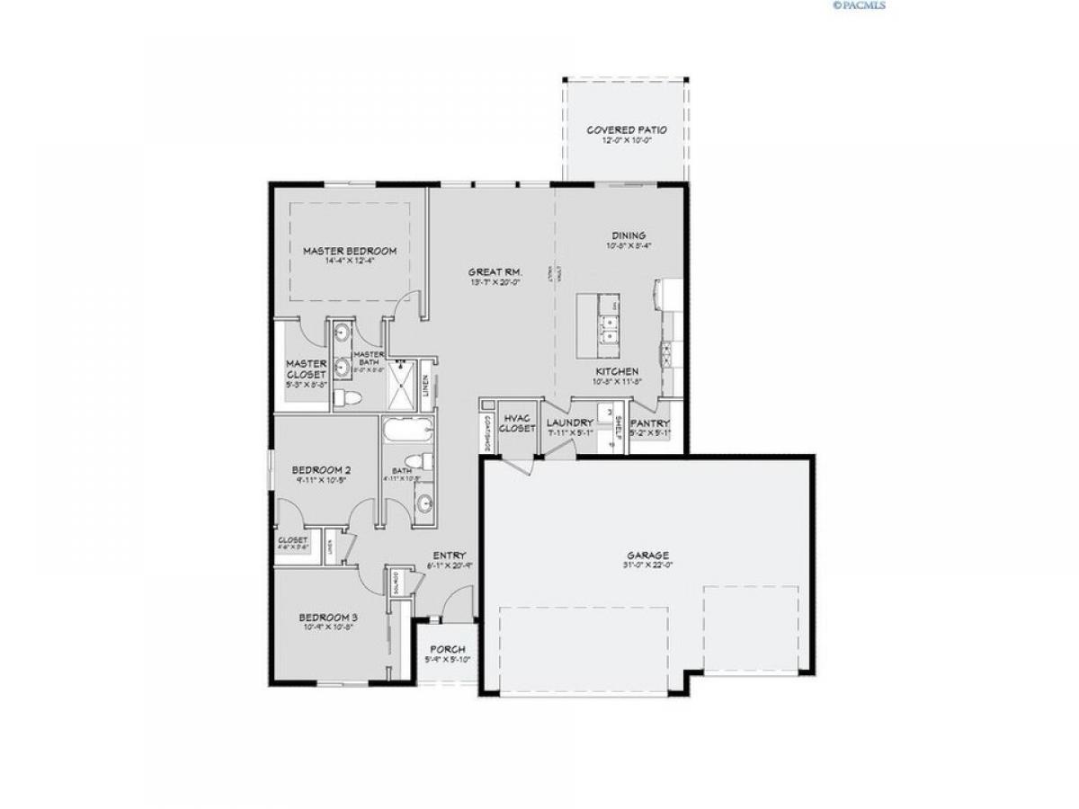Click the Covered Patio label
[x=627, y=130]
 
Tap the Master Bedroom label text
[x=349, y=251]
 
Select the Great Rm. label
[x=495, y=271]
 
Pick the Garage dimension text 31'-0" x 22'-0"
[x=647, y=565]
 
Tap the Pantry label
[x=648, y=422]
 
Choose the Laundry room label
[x=570, y=422]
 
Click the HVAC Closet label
[x=519, y=423]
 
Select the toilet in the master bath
[x=347, y=396]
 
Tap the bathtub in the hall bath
[x=407, y=432]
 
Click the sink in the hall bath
[x=423, y=502]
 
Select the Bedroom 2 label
[x=321, y=470]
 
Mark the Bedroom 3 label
[x=328, y=618]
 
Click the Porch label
[x=448, y=649]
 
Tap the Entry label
[x=449, y=556]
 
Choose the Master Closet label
[x=307, y=369]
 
